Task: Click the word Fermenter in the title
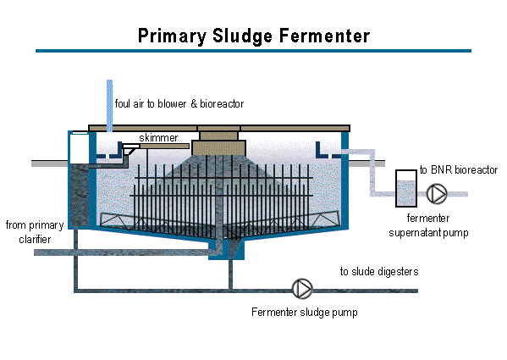tap(324, 36)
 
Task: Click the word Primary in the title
tap(173, 36)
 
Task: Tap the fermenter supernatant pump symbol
tap(437, 194)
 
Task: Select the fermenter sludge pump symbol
tap(302, 289)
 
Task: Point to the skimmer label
tap(158, 138)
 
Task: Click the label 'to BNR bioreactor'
tap(459, 169)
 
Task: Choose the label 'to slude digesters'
tap(379, 271)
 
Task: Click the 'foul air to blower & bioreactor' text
tap(179, 103)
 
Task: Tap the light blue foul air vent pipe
tap(110, 105)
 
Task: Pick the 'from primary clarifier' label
tap(35, 232)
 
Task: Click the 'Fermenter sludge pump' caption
tap(305, 312)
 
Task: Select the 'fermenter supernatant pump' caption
tap(428, 225)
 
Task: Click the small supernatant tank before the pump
tap(406, 189)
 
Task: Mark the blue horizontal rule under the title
tap(254, 51)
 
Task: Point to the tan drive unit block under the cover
tap(219, 148)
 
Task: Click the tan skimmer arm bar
tap(164, 147)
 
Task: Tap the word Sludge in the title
tap(243, 36)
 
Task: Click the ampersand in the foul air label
tap(194, 103)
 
